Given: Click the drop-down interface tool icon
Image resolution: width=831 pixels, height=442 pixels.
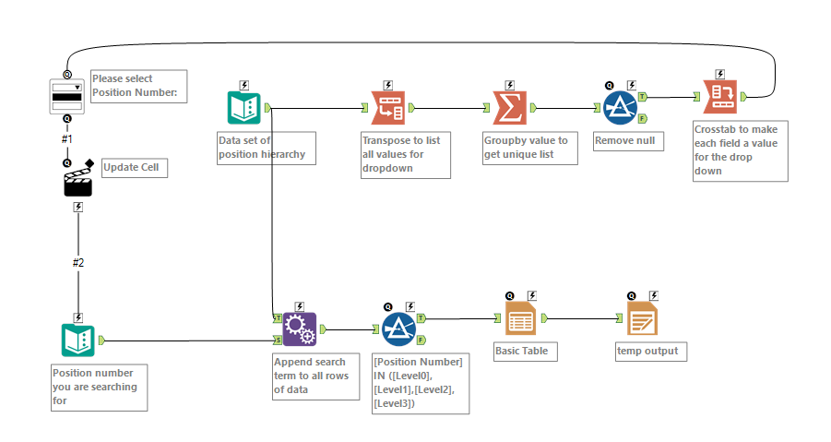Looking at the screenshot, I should pyautogui.click(x=67, y=96).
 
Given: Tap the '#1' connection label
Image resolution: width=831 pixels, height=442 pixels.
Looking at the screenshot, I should pyautogui.click(x=66, y=138).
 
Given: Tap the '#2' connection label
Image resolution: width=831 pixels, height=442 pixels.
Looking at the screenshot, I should pyautogui.click(x=78, y=263).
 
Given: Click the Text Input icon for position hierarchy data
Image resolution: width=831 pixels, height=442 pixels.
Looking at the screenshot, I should pyautogui.click(x=244, y=108).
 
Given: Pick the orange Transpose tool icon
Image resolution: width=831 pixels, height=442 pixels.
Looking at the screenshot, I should pyautogui.click(x=387, y=108).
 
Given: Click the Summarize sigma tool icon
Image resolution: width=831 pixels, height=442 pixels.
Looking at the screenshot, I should pyautogui.click(x=509, y=108).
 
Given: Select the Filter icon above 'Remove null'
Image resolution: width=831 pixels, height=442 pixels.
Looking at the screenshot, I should pyautogui.click(x=621, y=108).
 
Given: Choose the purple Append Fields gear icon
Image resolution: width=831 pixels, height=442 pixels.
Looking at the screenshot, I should pyautogui.click(x=299, y=329).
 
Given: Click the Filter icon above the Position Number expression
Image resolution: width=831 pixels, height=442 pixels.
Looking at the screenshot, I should pyautogui.click(x=398, y=329).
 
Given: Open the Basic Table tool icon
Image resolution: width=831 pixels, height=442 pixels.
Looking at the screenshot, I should pyautogui.click(x=520, y=318).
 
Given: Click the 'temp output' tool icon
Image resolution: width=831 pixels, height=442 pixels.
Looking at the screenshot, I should pyautogui.click(x=642, y=318).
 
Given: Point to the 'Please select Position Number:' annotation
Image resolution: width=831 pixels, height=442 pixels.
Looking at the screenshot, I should pyautogui.click(x=138, y=86).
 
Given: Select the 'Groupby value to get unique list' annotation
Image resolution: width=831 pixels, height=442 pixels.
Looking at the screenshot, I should pyautogui.click(x=529, y=147).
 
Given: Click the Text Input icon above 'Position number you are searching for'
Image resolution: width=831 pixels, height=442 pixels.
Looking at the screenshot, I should pyautogui.click(x=78, y=340).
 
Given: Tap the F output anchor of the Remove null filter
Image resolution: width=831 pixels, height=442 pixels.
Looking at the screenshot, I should pyautogui.click(x=642, y=118).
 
